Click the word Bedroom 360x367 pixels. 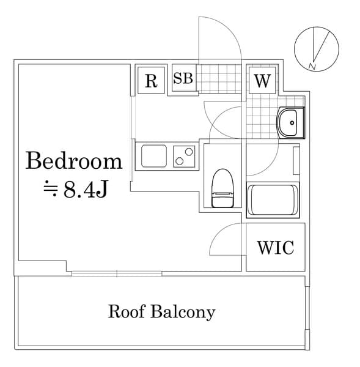click(x=74, y=161)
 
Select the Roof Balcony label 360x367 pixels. click(x=161, y=311)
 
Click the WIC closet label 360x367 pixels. click(x=275, y=248)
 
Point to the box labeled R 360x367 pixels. click(x=151, y=81)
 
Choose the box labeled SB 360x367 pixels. click(x=183, y=79)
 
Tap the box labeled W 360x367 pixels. click(x=262, y=81)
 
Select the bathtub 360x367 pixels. click(x=273, y=200)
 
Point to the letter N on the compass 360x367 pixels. click(x=312, y=65)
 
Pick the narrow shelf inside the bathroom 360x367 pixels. click(x=296, y=161)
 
